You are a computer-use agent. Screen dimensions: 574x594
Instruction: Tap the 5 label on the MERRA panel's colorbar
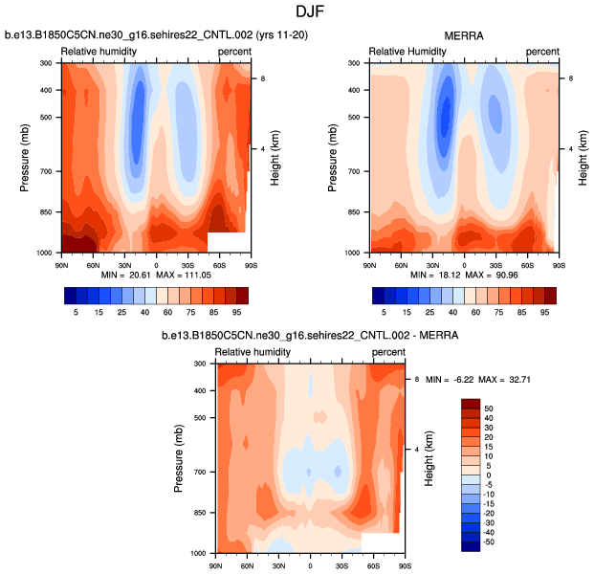click(x=385, y=312)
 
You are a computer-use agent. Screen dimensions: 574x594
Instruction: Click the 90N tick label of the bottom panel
click(x=216, y=567)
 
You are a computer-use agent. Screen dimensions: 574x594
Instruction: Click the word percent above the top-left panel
click(x=234, y=51)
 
